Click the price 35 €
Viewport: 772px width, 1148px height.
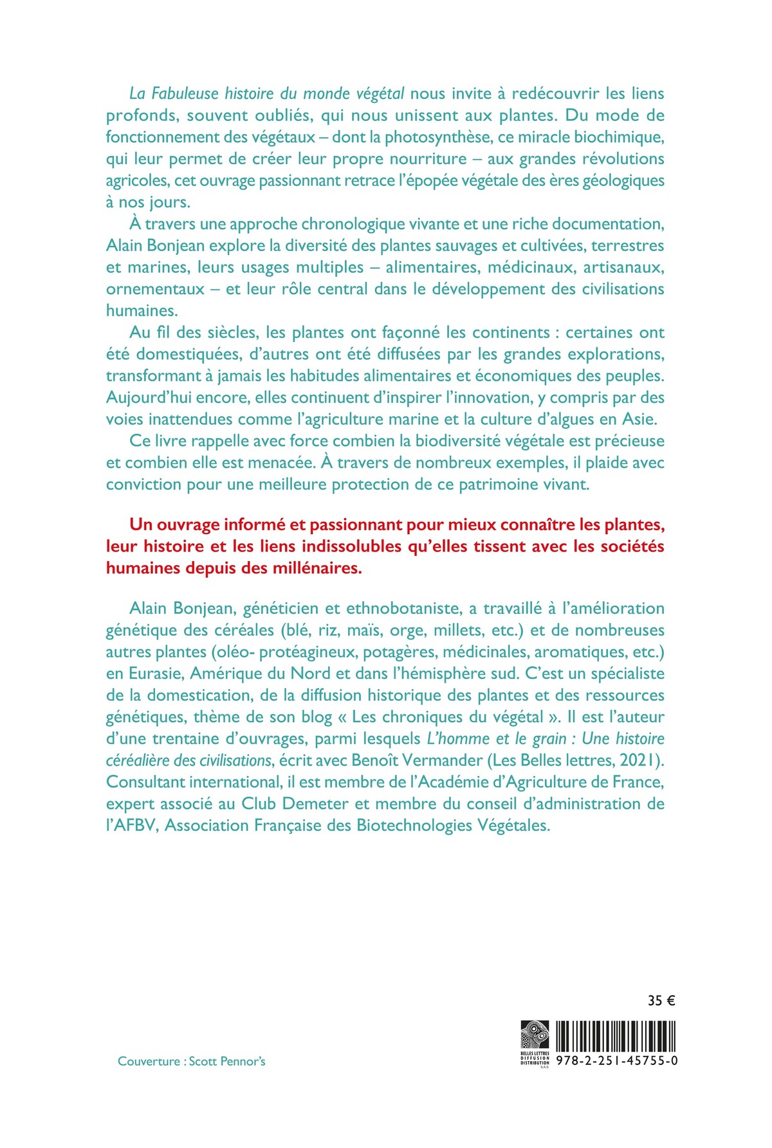point(661,1001)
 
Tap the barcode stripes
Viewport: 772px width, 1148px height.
point(616,1035)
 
